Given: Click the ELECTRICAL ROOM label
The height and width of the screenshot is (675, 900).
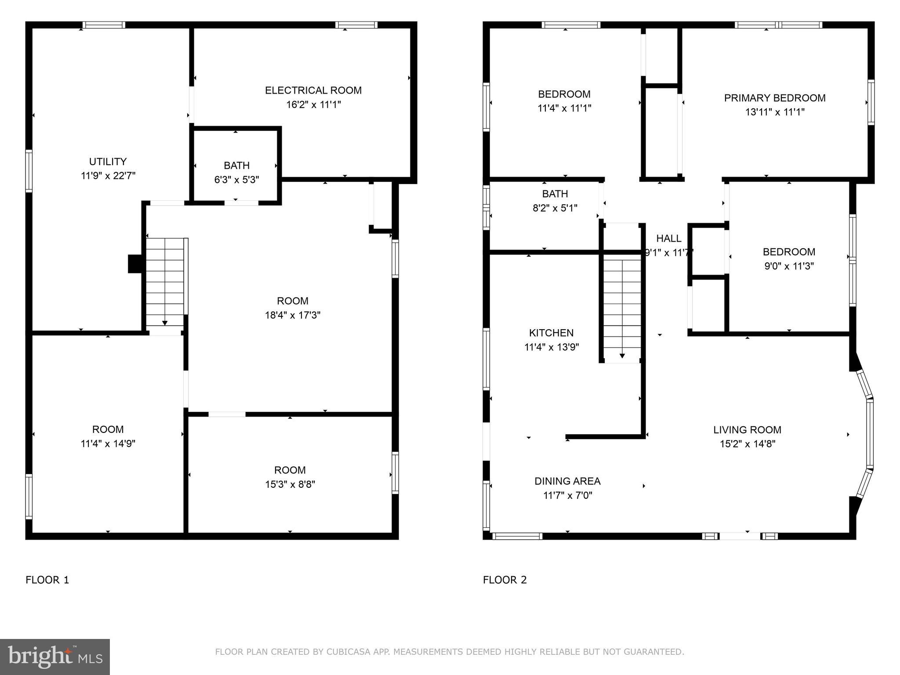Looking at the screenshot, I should (x=313, y=91).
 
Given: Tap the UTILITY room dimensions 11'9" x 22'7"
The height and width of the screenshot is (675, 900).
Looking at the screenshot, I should (x=108, y=176).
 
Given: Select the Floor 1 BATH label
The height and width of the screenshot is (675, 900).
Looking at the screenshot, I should (x=236, y=166).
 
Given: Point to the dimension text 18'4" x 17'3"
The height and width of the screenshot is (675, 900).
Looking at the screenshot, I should (x=292, y=315).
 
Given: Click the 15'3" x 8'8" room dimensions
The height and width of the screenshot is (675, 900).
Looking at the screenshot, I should (x=290, y=484).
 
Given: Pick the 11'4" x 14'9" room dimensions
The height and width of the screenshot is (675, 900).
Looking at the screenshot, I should (x=108, y=443).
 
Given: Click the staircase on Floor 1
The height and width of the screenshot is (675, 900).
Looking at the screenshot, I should (x=165, y=281).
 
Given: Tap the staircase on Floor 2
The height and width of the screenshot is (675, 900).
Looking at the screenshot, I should (x=622, y=308).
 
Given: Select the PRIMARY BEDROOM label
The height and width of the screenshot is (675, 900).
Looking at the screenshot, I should (x=774, y=98).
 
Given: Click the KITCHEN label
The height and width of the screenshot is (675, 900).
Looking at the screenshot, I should (x=551, y=333).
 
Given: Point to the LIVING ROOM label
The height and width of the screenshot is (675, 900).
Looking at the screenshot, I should (x=747, y=430).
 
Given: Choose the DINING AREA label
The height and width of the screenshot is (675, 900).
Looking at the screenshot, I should (x=567, y=481).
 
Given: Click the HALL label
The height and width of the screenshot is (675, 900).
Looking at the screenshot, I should (x=668, y=239).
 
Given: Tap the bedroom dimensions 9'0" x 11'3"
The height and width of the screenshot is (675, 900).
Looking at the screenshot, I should (x=789, y=266).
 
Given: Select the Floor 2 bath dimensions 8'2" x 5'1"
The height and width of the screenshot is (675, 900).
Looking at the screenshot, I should (x=555, y=208).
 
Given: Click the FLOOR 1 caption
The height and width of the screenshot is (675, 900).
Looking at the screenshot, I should (x=47, y=580).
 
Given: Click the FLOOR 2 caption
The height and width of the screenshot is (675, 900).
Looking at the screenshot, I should (x=504, y=580).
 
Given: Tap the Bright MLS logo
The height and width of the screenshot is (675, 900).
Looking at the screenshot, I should (x=54, y=657).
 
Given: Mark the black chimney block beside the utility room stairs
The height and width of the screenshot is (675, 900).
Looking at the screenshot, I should (x=134, y=264).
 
